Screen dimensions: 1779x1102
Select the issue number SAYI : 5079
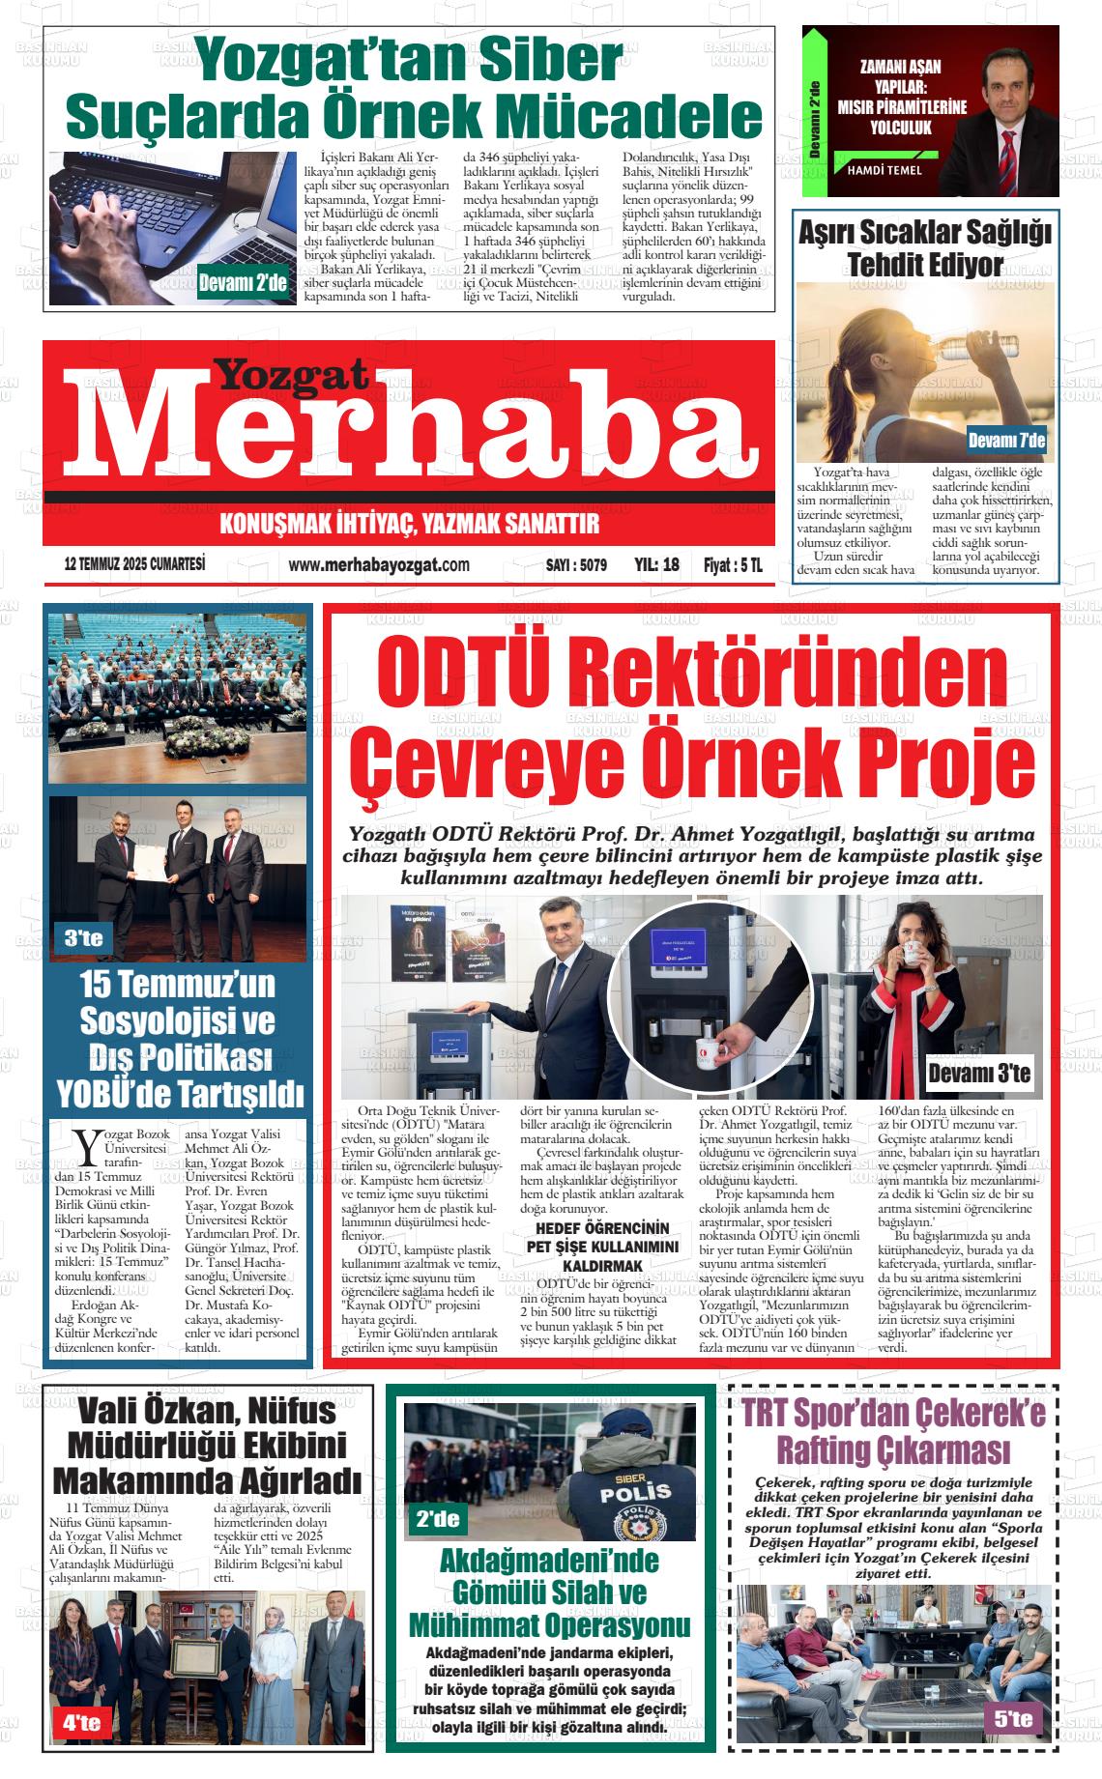[576, 565]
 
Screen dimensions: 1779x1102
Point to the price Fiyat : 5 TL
[732, 565]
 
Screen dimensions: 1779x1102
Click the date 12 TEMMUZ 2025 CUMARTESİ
[134, 564]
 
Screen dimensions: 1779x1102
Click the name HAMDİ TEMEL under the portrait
[884, 170]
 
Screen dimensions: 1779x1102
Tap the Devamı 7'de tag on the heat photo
[1006, 442]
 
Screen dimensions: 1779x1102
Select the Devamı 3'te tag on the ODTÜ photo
[978, 1074]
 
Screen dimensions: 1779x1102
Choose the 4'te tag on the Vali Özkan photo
[81, 1722]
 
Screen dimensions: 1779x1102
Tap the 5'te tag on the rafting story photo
[1012, 1718]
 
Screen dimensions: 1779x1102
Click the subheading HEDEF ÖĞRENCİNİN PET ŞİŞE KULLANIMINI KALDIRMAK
[602, 1247]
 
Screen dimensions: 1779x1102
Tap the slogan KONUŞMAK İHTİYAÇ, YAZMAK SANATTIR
[410, 524]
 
